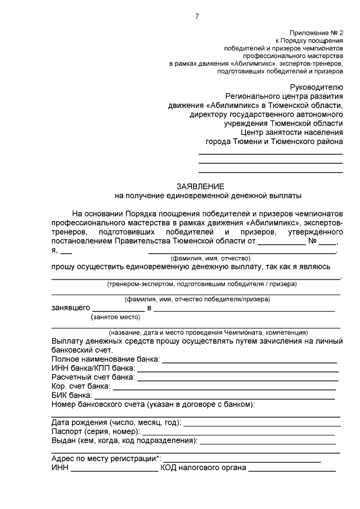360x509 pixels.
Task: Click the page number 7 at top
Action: (x=197, y=16)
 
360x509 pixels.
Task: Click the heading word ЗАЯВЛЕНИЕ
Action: (x=200, y=186)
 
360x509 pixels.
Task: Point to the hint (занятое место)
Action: (x=115, y=317)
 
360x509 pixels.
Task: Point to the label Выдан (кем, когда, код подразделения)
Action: (x=124, y=440)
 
